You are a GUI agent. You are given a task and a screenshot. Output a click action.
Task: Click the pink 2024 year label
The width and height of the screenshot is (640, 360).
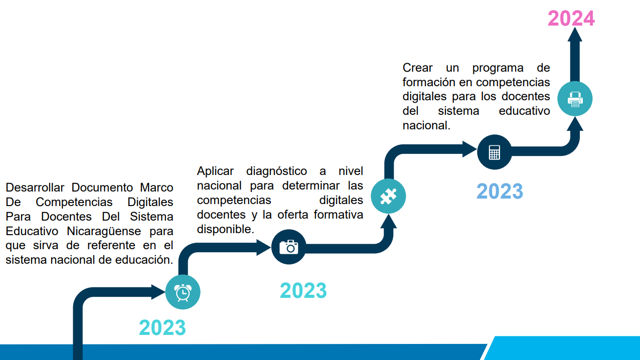[571, 18]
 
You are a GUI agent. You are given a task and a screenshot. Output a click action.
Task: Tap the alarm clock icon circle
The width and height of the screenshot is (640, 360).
[183, 292]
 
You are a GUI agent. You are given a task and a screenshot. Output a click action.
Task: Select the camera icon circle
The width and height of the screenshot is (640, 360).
[288, 247]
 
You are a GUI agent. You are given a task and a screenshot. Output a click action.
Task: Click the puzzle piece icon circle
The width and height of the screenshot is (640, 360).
[388, 196]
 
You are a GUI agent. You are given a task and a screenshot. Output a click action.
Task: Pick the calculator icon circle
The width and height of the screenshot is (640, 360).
[494, 152]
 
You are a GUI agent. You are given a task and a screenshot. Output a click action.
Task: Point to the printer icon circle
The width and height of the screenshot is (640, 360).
[575, 99]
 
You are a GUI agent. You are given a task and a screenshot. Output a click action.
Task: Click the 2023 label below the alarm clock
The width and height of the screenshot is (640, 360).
[163, 327]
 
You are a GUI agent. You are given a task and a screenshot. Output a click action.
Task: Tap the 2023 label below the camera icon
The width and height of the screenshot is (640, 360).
[303, 291]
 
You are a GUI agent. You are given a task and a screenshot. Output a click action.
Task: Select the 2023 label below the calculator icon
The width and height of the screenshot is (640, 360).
[500, 191]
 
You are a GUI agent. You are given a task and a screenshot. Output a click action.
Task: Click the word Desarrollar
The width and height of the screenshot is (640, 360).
[35, 188]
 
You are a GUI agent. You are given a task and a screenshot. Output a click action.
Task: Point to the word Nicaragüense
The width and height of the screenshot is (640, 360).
[104, 231]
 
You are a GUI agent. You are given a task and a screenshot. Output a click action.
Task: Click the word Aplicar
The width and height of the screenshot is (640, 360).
[215, 171]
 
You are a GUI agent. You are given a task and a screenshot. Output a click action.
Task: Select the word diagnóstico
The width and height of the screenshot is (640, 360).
[276, 171]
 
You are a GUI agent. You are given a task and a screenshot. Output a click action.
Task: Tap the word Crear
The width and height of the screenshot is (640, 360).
[417, 68]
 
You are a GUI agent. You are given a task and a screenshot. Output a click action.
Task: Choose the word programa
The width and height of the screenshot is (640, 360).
[498, 68]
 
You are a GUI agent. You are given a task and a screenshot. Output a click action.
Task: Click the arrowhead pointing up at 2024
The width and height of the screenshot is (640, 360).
[575, 34]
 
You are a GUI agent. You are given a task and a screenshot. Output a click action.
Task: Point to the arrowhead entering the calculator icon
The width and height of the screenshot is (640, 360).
[469, 149]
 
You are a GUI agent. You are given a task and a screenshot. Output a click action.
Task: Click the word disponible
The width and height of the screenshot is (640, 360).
[225, 229]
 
